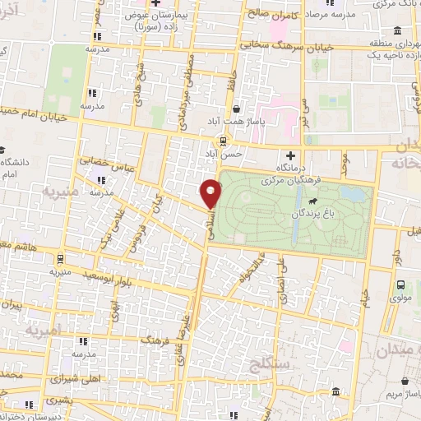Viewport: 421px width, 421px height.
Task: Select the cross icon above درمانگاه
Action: pos(289,155)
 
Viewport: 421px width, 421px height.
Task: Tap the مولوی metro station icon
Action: pos(400,285)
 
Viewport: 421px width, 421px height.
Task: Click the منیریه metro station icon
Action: pos(54,257)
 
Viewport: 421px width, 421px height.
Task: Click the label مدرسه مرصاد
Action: pos(330,16)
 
